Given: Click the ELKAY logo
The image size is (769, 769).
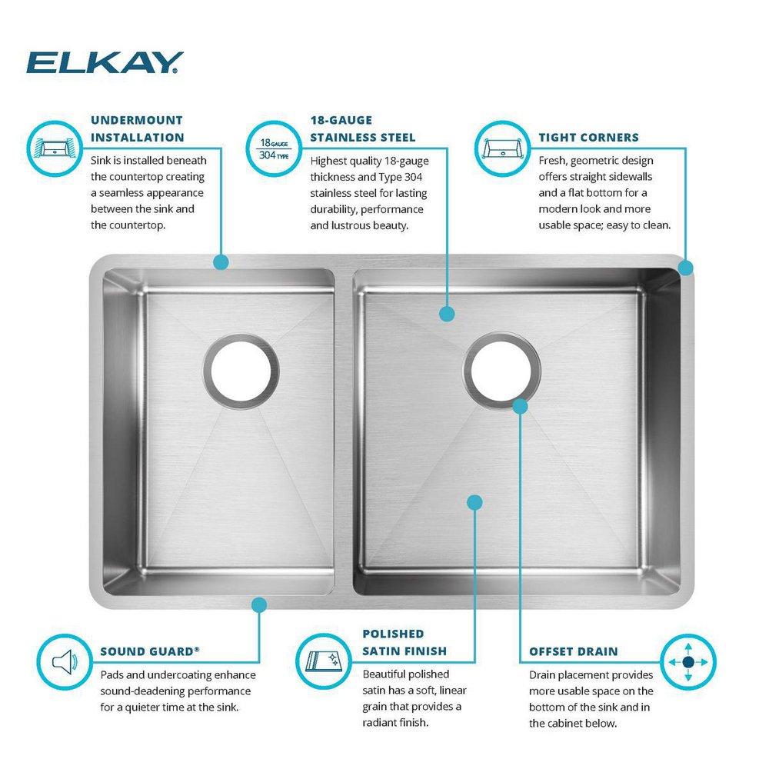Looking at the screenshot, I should (x=105, y=62).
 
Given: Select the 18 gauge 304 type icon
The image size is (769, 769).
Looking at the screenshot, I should (x=275, y=146).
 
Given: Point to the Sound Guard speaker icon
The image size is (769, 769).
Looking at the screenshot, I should (x=63, y=661).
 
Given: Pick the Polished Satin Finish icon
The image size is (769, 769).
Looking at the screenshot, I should (x=325, y=661).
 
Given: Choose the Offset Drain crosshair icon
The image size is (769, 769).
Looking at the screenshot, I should (x=687, y=661).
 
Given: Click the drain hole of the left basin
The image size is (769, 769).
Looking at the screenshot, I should (x=241, y=373).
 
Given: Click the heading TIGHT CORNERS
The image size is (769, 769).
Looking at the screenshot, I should (x=588, y=138).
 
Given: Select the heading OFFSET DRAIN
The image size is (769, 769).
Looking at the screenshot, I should (x=573, y=651).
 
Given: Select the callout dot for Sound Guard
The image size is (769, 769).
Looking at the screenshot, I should (x=259, y=604).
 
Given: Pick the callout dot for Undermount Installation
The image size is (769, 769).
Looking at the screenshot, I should (x=221, y=262).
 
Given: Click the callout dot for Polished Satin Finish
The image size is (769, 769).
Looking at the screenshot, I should (x=474, y=502).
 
